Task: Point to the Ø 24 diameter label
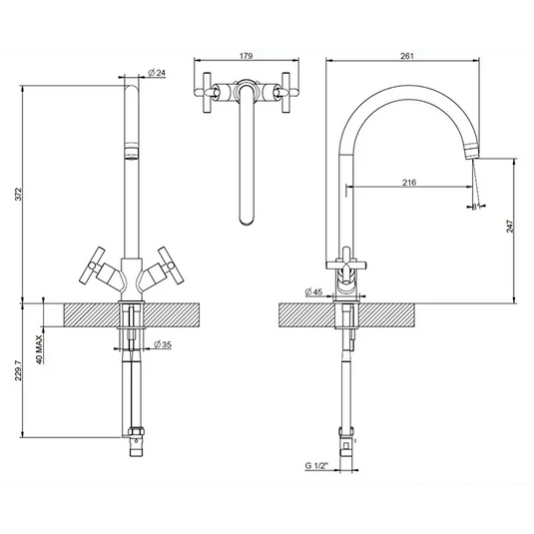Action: coord(156,73)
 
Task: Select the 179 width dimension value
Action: coord(244,58)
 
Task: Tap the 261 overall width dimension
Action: coord(405,58)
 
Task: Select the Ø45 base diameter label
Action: coord(313,292)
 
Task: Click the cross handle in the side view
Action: coord(344,263)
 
